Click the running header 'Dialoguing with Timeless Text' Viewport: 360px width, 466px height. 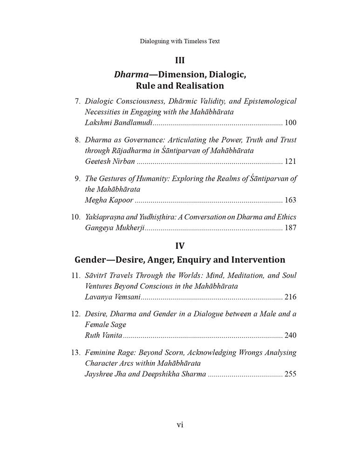click(x=180, y=41)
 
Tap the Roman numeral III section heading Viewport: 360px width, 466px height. click(x=180, y=60)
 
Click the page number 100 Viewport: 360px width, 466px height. click(x=290, y=123)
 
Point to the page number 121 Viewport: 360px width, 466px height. click(x=290, y=162)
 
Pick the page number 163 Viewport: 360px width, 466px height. click(x=290, y=200)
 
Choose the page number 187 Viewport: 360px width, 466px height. click(x=290, y=228)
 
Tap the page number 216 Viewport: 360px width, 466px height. click(x=290, y=297)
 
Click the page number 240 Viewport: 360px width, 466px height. click(x=290, y=336)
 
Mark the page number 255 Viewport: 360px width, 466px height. click(x=290, y=374)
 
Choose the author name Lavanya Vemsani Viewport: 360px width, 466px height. click(x=112, y=297)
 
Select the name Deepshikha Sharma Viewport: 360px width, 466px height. click(x=177, y=374)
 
